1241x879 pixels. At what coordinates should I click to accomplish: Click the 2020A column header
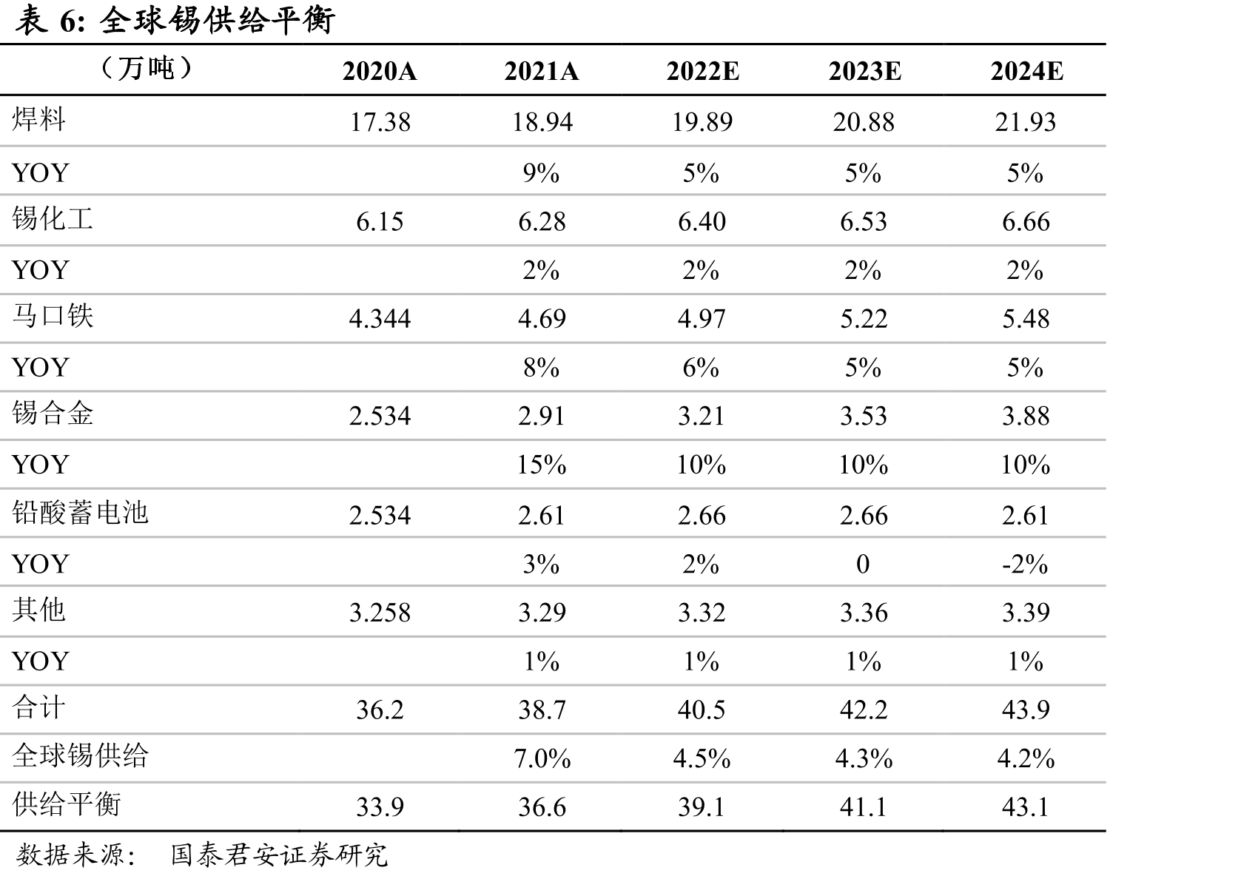click(x=380, y=72)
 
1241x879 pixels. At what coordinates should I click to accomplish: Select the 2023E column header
click(x=865, y=72)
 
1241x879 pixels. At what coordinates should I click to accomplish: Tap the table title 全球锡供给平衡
click(x=217, y=21)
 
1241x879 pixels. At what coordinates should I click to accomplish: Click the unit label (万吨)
click(x=147, y=68)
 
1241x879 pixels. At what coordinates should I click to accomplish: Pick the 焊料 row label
click(x=38, y=119)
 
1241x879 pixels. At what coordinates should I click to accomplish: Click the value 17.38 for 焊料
click(x=380, y=122)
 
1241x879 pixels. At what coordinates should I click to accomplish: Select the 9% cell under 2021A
click(x=541, y=173)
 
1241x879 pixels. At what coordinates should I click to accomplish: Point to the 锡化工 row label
click(x=53, y=218)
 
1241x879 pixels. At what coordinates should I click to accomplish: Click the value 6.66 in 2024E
click(x=1026, y=222)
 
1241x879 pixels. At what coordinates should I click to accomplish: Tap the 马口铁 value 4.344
click(x=380, y=319)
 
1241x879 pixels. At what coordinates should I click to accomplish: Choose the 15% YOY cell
click(x=541, y=465)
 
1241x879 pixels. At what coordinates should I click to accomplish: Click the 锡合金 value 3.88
click(x=1026, y=416)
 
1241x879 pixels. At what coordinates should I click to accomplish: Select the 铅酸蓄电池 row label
click(x=81, y=512)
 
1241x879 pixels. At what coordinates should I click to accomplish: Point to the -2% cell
click(x=1025, y=565)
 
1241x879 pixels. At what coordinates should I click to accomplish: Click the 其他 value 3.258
click(x=380, y=613)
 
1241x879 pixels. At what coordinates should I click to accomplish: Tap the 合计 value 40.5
click(x=702, y=710)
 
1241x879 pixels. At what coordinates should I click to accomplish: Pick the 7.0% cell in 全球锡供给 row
click(x=542, y=759)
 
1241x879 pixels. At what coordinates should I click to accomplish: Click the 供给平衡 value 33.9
click(x=380, y=807)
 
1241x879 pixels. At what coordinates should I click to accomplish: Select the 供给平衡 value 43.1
click(x=1026, y=807)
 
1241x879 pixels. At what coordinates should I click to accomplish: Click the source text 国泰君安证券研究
click(x=279, y=855)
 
